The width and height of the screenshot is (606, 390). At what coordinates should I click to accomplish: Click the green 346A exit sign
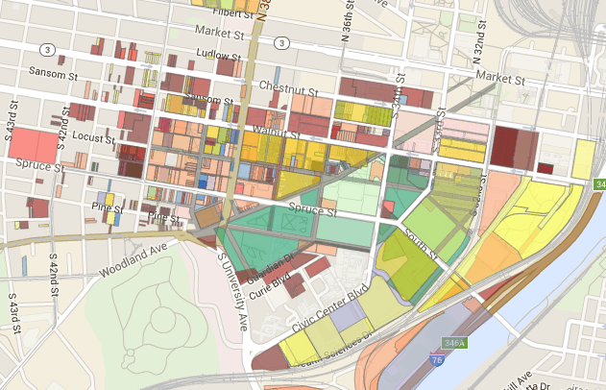(x=454, y=341)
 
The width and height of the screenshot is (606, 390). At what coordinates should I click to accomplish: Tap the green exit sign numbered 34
(x=599, y=183)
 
